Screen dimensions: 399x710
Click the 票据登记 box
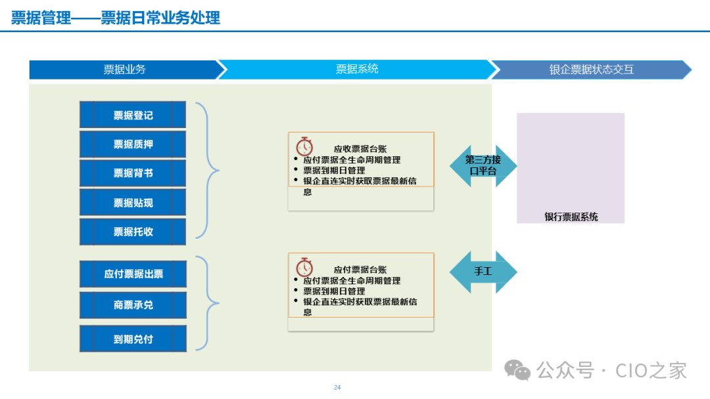[x=133, y=115]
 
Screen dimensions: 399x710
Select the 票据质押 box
[x=133, y=144]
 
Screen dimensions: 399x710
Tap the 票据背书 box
[x=133, y=173]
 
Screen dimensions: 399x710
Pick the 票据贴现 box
[x=133, y=203]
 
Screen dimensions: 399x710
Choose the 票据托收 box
[x=133, y=232]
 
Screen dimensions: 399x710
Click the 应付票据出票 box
[x=133, y=274]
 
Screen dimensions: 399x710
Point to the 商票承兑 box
[x=133, y=305]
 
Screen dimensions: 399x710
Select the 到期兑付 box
[x=133, y=339]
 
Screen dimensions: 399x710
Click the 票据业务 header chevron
[x=124, y=70]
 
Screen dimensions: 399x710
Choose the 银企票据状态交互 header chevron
[x=591, y=70]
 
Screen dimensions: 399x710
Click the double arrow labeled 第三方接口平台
[x=483, y=165]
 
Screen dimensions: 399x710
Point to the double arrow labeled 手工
[x=483, y=272]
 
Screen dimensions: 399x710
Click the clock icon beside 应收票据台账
[x=304, y=146]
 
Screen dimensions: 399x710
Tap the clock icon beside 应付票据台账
[x=304, y=267]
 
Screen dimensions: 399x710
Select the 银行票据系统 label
[x=571, y=217]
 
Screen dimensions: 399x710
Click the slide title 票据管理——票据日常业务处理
[x=116, y=17]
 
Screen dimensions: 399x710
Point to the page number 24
[x=337, y=387]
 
